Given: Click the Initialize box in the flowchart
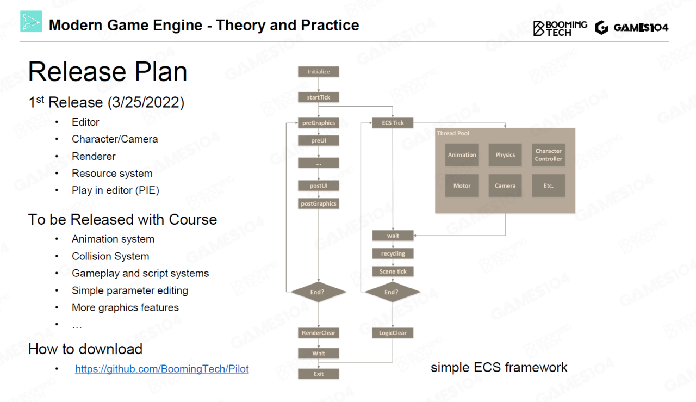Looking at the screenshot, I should coord(319,72).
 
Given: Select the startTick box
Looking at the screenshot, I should coord(319,97).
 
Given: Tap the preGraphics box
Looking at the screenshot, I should coord(319,123).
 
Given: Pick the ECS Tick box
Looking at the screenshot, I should coord(393,123).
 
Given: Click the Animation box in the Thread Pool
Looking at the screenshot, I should coord(462,155).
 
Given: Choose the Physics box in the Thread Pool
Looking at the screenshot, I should coord(505,155).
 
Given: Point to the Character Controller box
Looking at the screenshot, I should coord(548,155).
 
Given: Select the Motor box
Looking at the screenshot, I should coord(462,185).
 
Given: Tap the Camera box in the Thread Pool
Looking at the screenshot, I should coord(505,185).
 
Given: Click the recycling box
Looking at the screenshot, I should coord(393,253).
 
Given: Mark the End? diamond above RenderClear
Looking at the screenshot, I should coord(319,292).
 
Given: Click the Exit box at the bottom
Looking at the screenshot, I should coord(319,374).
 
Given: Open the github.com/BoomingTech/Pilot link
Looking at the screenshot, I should coord(162,369).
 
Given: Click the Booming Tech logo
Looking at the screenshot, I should coord(560,28).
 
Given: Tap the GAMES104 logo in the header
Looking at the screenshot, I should coord(632,28).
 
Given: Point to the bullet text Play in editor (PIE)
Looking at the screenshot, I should coord(115,190).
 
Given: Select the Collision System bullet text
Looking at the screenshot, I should coord(110,256).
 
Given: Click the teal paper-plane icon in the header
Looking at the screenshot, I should coord(31,22).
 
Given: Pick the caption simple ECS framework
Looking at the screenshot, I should coord(499,368).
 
